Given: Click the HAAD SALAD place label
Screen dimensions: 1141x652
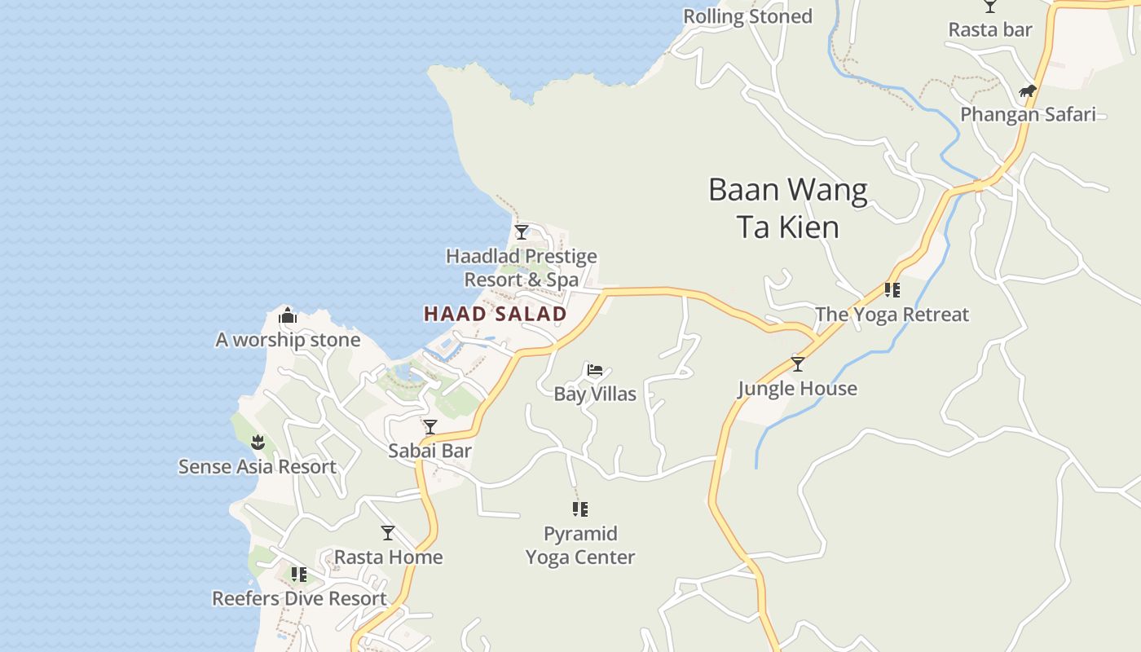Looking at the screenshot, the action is point(496,314).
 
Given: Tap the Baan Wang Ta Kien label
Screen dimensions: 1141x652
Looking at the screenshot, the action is point(788,208).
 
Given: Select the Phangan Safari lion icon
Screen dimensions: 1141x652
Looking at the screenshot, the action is point(1027,90).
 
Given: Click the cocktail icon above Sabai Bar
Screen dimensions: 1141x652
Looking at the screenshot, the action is point(430,426).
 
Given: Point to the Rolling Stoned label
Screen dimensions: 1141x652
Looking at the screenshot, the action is point(747,16).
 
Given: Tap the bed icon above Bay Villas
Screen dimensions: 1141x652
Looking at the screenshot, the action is point(595,370).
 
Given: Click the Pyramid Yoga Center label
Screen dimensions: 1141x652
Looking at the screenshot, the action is point(580,545).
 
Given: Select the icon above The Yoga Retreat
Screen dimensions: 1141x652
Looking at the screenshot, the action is point(892,289).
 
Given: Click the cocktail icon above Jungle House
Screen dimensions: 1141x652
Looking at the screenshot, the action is point(798,363).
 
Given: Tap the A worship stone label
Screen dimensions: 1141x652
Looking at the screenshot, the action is point(288,340).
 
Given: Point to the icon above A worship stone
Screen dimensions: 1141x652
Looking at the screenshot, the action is point(287,315).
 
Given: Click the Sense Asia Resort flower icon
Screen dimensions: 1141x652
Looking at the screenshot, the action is point(258,443).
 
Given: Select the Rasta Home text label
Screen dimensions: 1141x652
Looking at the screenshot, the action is point(389,557).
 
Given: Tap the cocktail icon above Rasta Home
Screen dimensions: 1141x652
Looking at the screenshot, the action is point(388,533).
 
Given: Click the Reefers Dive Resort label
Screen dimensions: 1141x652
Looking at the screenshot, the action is point(299,598).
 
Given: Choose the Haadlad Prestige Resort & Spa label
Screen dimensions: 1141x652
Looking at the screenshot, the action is point(522,268).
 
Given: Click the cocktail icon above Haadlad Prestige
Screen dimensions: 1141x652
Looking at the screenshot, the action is point(522,232).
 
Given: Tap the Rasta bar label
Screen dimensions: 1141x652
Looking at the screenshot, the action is point(990,30).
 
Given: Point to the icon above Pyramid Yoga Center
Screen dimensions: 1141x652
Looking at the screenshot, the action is point(580,509).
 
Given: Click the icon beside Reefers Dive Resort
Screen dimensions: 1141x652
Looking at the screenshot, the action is point(299,575).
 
